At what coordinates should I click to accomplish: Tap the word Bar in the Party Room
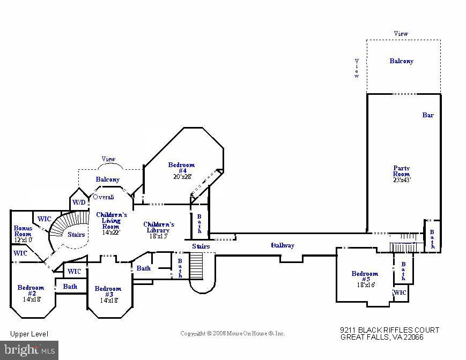pyautogui.click(x=427, y=115)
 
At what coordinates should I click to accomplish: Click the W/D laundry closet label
pyautogui.click(x=79, y=202)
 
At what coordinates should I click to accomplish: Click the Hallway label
pyautogui.click(x=283, y=245)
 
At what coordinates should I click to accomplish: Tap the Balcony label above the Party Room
pyautogui.click(x=401, y=61)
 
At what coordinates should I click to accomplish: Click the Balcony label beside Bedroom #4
pyautogui.click(x=107, y=179)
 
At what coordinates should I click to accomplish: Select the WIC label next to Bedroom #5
pyautogui.click(x=400, y=292)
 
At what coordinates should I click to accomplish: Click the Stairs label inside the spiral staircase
pyautogui.click(x=76, y=234)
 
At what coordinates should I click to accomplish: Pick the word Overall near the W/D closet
pyautogui.click(x=103, y=197)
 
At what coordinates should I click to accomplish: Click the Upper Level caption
pyautogui.click(x=29, y=334)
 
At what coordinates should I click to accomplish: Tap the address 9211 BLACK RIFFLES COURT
pyautogui.click(x=389, y=330)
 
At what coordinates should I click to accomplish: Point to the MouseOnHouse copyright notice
pyautogui.click(x=232, y=333)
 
